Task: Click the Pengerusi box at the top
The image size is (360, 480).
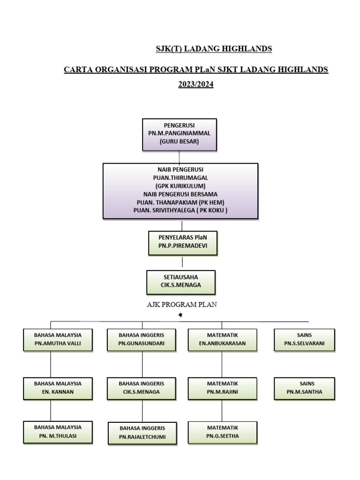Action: click(180, 134)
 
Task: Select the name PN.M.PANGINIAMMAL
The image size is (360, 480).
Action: click(180, 134)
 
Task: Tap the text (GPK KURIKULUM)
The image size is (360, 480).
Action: click(180, 186)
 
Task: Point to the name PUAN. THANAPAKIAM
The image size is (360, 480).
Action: click(165, 202)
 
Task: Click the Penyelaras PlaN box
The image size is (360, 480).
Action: click(182, 243)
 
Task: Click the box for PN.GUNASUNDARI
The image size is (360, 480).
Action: click(142, 339)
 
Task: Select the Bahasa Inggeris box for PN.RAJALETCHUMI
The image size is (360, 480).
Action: click(142, 433)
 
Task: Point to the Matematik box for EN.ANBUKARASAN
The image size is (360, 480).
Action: click(222, 339)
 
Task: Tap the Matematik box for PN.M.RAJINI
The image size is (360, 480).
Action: click(222, 388)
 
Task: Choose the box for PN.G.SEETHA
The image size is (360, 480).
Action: click(222, 432)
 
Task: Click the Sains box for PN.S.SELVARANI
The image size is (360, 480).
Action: click(305, 339)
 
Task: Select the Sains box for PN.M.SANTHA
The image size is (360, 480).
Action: click(305, 388)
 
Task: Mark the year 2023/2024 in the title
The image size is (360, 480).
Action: click(195, 85)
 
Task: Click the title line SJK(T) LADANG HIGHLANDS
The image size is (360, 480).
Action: click(214, 49)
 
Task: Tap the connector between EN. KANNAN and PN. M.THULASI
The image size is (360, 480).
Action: click(51, 410)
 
